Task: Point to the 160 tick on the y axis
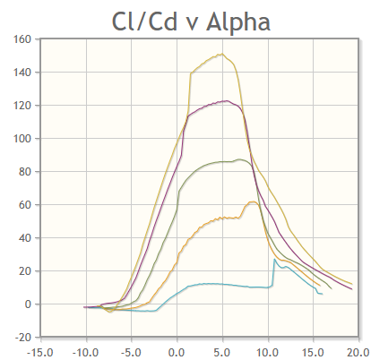[22, 39]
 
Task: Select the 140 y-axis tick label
[22, 73]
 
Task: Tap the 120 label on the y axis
[22, 106]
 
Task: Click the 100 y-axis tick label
[22, 139]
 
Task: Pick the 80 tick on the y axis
[25, 172]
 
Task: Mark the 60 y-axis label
[25, 205]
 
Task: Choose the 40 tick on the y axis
[25, 238]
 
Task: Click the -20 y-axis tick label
[23, 338]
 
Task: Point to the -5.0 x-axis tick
[132, 350]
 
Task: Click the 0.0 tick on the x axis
[177, 350]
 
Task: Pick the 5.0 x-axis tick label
[223, 350]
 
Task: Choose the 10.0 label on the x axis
[269, 350]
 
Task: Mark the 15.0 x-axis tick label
[315, 350]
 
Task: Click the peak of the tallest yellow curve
[221, 54]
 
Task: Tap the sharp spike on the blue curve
[275, 259]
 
